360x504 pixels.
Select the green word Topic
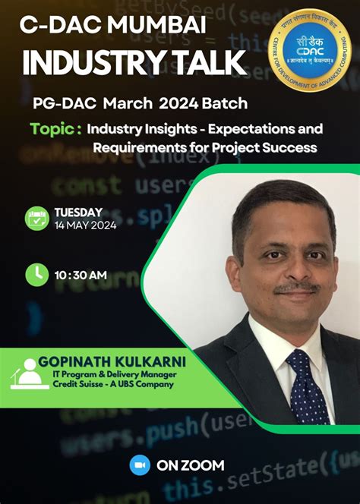(55, 128)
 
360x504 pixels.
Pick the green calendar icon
(36, 218)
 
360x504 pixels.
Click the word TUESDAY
(78, 212)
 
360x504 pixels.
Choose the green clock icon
(36, 274)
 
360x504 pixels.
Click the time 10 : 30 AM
(81, 275)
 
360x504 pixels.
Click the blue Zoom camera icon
(140, 465)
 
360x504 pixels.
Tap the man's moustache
(296, 288)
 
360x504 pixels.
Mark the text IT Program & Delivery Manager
(121, 372)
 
